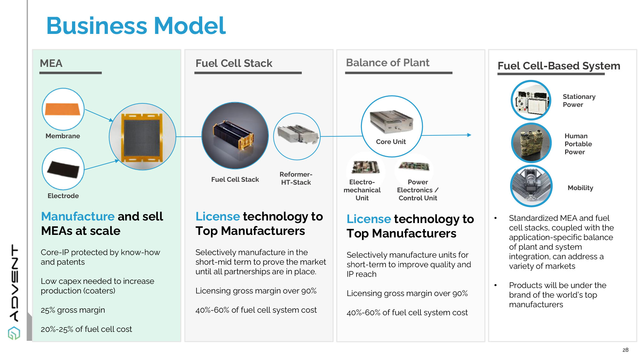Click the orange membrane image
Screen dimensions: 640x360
pos(63,109)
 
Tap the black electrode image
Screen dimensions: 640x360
pos(63,169)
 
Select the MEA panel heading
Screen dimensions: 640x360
pos(51,63)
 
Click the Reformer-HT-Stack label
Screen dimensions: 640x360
pos(296,178)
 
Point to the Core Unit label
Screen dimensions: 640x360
pos(391,142)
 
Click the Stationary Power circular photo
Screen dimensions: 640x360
pos(531,100)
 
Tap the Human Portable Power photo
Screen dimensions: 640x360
pos(531,143)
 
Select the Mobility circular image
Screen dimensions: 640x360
pos(531,186)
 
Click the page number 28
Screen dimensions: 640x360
pos(625,350)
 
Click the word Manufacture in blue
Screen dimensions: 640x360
pos(78,216)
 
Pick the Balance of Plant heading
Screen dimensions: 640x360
pos(388,62)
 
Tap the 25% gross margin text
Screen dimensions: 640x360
pos(73,310)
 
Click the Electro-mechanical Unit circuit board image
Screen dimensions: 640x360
pos(365,167)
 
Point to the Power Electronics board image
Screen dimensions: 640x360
pos(414,166)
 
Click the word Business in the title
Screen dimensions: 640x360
pos(97,26)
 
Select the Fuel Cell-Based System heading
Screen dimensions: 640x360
pos(559,66)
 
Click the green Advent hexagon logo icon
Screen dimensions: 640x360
pos(14,333)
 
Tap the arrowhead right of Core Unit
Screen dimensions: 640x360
pos(469,135)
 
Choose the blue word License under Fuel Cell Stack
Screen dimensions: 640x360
pos(218,216)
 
